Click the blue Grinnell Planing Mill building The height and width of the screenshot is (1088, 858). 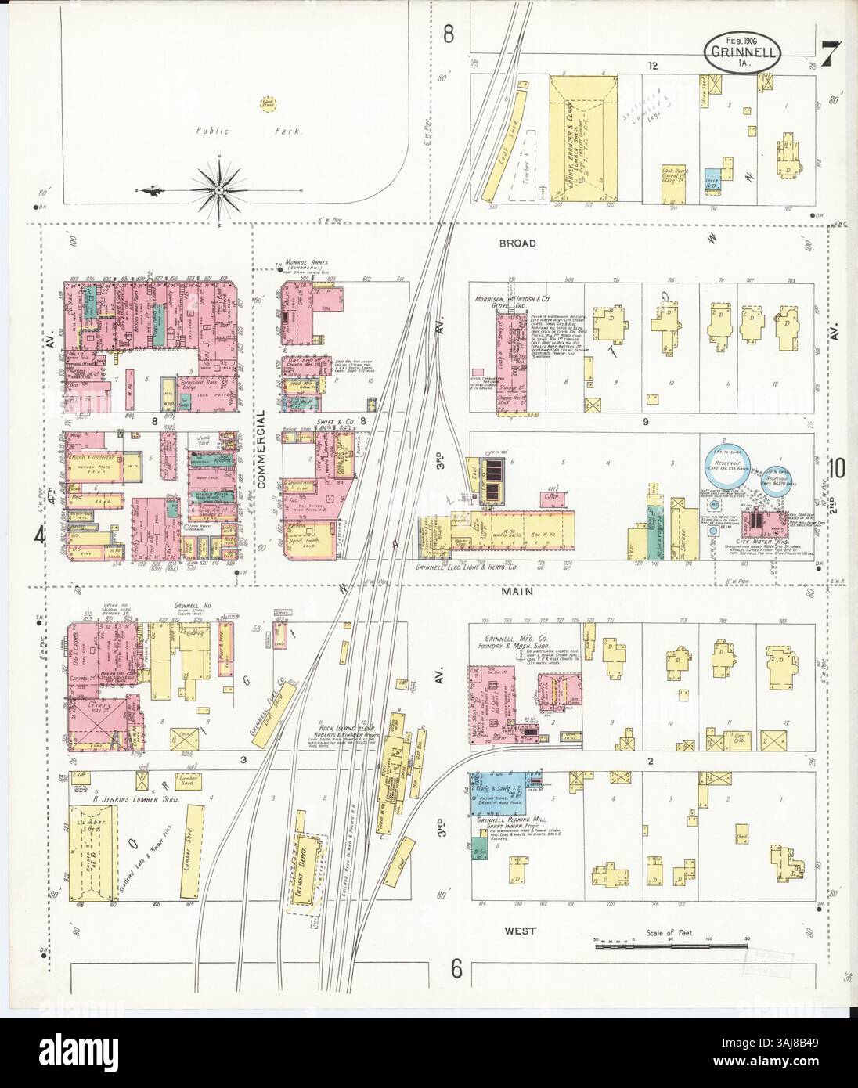point(496,793)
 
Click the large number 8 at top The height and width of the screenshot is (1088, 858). point(449,34)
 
